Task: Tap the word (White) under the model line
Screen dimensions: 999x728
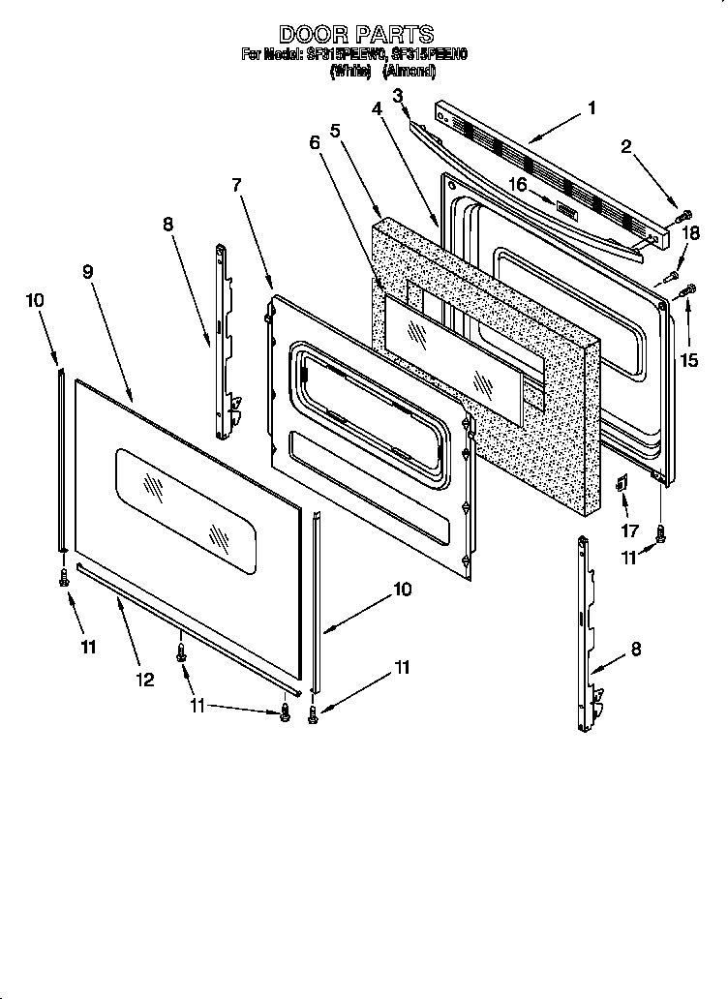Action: click(350, 71)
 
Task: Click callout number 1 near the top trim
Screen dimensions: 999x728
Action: click(591, 108)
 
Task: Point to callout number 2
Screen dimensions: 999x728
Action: click(626, 147)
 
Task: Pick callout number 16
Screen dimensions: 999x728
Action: click(518, 184)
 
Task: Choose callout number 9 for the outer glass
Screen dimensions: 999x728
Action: click(88, 272)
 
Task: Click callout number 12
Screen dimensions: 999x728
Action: click(144, 680)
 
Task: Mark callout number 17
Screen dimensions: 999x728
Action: click(630, 530)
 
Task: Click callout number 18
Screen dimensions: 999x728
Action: click(690, 232)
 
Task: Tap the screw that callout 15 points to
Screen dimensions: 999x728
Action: click(689, 288)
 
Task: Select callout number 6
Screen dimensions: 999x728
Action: click(315, 142)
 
